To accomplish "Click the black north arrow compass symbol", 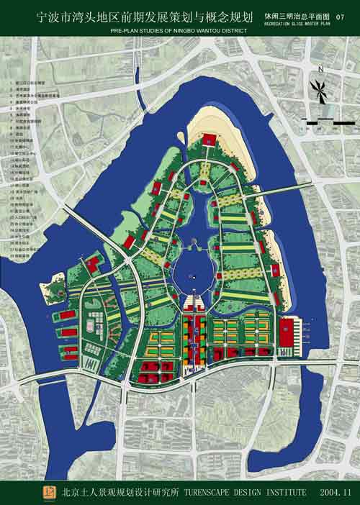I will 318,88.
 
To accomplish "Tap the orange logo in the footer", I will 50,492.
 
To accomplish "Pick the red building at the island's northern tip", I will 207,139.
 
